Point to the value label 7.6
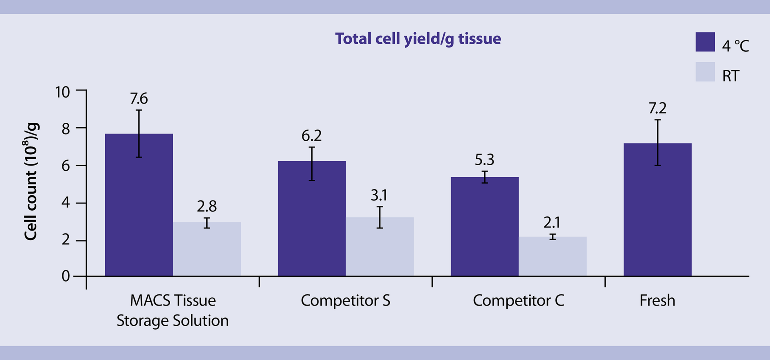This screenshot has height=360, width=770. [139, 99]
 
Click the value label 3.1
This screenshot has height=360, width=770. [379, 195]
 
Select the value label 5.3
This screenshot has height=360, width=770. [484, 160]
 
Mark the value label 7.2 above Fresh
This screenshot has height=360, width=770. [657, 108]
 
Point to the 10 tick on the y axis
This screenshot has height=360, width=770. [62, 92]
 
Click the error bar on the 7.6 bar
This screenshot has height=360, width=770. [139, 134]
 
